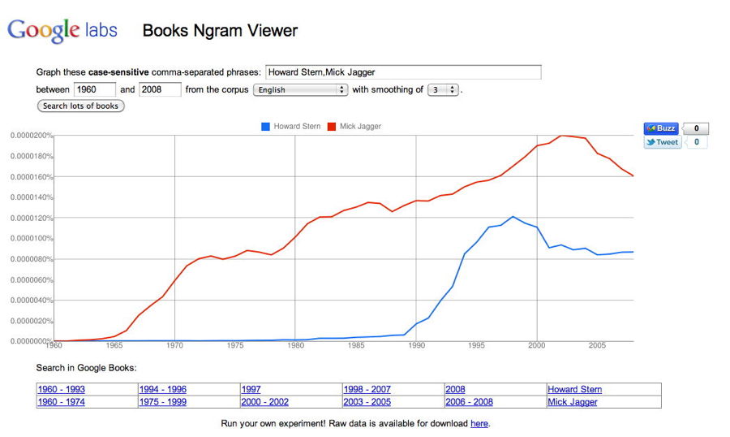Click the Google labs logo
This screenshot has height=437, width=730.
click(x=62, y=31)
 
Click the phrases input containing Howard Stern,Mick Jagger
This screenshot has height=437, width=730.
click(x=402, y=72)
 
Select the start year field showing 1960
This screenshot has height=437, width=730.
click(x=95, y=89)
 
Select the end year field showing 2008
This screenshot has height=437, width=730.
click(x=160, y=89)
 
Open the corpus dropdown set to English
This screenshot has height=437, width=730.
click(x=301, y=89)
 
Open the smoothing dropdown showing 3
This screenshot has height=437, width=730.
click(x=443, y=89)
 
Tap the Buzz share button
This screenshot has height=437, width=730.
click(x=660, y=128)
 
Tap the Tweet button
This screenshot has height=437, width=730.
click(x=663, y=142)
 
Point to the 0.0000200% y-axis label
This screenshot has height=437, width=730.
click(x=31, y=136)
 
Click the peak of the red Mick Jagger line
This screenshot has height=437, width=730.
click(x=562, y=136)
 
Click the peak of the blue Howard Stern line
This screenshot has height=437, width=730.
click(x=513, y=217)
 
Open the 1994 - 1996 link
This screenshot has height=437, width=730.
click(x=162, y=390)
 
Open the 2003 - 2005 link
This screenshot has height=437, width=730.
click(x=367, y=402)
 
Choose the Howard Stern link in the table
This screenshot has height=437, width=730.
click(x=574, y=390)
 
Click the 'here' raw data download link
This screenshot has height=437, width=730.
click(x=479, y=423)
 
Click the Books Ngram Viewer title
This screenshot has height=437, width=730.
click(x=220, y=32)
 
